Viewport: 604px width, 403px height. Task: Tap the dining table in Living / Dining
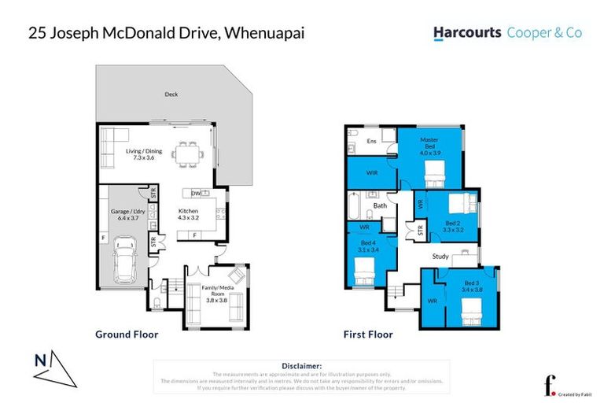187,153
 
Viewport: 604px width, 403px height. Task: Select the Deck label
171,94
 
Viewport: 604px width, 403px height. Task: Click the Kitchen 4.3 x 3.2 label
188,215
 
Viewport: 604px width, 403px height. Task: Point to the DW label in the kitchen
194,193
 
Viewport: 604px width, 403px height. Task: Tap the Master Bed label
429,143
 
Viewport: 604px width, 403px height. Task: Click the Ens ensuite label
372,142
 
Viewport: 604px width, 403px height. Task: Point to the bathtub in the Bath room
355,208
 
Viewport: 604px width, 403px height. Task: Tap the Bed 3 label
471,286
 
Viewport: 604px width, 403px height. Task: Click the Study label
440,257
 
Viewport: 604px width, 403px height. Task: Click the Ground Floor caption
127,335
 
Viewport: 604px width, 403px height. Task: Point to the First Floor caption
368,335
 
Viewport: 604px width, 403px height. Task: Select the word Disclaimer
301,366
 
